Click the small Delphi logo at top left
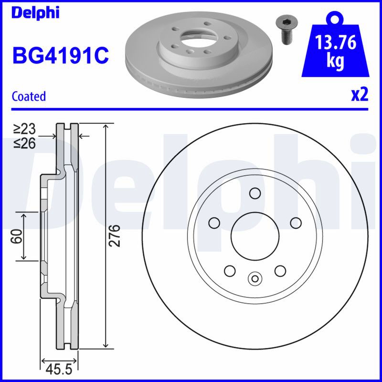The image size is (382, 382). point(35,12)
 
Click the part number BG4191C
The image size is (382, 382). point(61,55)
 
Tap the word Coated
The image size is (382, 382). point(29,96)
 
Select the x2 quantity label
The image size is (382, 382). point(360,95)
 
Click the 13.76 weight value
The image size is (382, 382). point(336,42)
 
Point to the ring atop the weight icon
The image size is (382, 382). point(336,18)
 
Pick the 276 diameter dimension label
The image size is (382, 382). point(115,235)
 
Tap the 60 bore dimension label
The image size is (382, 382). point(16,236)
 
